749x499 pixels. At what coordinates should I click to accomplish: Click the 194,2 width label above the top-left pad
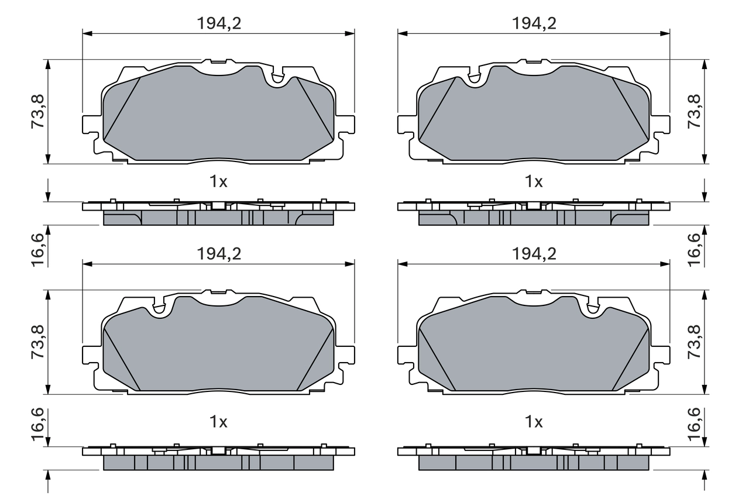(218, 23)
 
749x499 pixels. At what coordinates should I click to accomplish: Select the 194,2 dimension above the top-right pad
(534, 23)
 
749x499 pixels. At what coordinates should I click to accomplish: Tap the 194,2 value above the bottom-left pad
(218, 253)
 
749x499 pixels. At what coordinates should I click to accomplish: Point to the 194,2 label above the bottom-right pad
(534, 253)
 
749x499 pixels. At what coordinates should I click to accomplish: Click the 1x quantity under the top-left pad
(218, 182)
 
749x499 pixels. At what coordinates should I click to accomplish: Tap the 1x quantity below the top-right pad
(534, 182)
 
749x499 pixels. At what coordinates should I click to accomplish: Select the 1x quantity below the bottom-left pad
(218, 421)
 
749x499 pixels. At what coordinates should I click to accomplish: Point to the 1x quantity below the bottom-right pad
(534, 421)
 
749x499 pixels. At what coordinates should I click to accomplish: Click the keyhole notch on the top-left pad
(277, 77)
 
